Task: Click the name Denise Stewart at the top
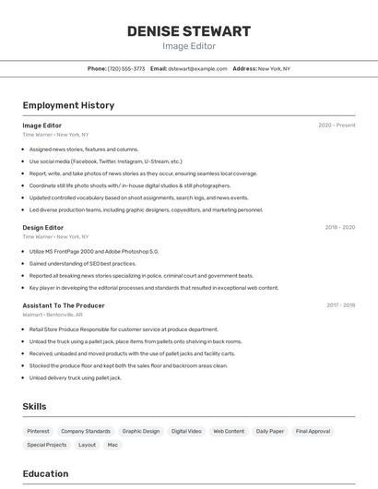tap(189, 31)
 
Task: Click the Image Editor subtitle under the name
tap(189, 46)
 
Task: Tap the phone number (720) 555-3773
tap(126, 68)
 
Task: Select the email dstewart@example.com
tap(197, 68)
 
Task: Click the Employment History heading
tap(68, 105)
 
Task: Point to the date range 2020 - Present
tap(337, 125)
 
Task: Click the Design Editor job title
tap(43, 227)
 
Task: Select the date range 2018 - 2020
tap(339, 227)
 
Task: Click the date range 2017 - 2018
tap(340, 304)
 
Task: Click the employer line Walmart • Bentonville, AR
tap(53, 315)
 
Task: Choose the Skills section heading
tap(34, 406)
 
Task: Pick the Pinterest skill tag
tap(38, 431)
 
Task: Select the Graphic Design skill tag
tap(141, 431)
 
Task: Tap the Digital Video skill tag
tap(186, 431)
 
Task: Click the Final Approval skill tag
tap(313, 431)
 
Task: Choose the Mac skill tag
tap(112, 445)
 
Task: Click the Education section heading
tap(45, 473)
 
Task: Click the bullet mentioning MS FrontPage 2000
tap(93, 251)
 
